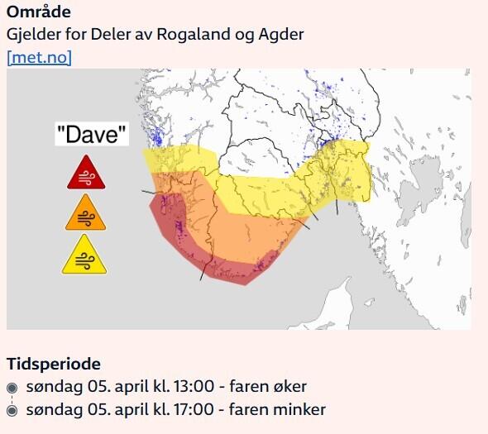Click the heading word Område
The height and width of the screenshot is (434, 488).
click(38, 12)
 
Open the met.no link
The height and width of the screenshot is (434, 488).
click(39, 57)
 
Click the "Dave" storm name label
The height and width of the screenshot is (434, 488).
click(92, 134)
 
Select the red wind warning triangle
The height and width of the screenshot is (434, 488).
click(86, 172)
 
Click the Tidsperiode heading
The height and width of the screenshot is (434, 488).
click(54, 364)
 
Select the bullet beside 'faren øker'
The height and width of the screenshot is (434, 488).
click(12, 387)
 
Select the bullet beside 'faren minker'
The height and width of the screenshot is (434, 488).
click(12, 410)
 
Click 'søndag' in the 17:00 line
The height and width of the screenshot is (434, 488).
click(51, 409)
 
